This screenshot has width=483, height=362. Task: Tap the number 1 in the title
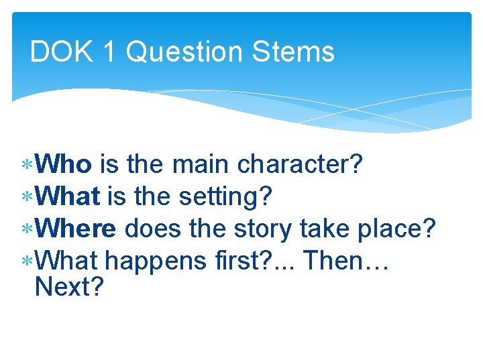(x=109, y=52)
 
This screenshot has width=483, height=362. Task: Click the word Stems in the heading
(x=301, y=52)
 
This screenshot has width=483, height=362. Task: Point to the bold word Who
(x=64, y=164)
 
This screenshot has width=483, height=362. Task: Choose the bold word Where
(x=76, y=229)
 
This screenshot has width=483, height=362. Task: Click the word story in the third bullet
(x=262, y=230)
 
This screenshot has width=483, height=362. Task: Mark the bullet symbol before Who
(x=28, y=165)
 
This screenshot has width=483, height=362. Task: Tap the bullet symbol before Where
(x=28, y=229)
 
